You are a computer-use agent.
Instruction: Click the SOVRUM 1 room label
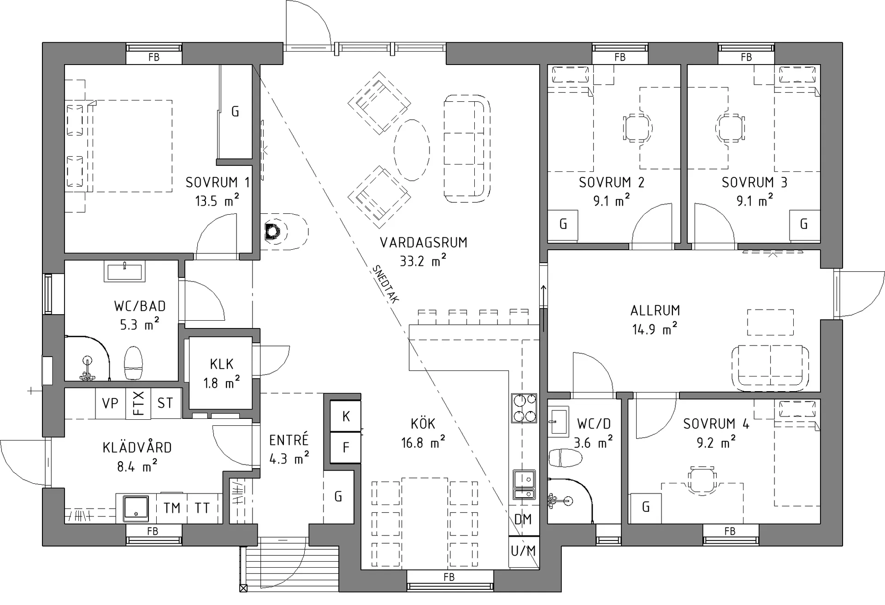[218, 182]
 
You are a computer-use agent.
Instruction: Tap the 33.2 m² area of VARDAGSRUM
[423, 261]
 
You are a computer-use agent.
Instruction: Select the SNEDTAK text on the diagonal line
[386, 284]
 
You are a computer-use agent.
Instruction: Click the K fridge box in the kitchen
[346, 417]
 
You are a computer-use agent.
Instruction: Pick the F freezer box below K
[346, 447]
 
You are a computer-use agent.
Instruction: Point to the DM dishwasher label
[523, 520]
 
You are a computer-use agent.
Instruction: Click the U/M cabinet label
[524, 551]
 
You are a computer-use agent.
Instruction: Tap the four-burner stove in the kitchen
[525, 408]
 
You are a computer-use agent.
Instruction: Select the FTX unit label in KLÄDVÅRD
[139, 403]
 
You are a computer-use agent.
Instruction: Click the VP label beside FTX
[110, 403]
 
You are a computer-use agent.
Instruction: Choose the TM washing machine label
[172, 508]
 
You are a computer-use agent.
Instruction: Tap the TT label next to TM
[202, 508]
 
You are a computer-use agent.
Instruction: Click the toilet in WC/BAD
[134, 364]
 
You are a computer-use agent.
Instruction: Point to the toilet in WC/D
[565, 458]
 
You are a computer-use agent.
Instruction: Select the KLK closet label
[222, 364]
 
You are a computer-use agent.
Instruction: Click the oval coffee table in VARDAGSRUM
[412, 150]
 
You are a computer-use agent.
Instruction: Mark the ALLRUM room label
[655, 311]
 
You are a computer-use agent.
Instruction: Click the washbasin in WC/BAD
[125, 271]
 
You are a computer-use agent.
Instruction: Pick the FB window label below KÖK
[449, 577]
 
